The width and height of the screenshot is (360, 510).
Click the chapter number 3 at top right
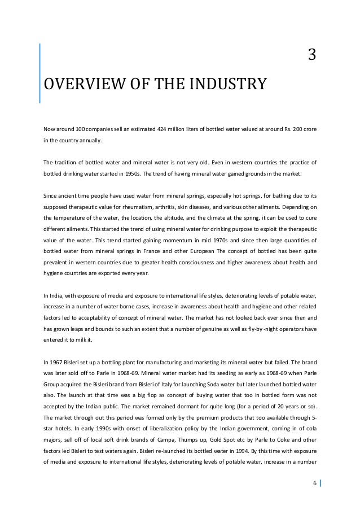tap(311, 55)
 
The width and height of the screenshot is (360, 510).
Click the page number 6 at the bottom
tap(315, 483)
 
